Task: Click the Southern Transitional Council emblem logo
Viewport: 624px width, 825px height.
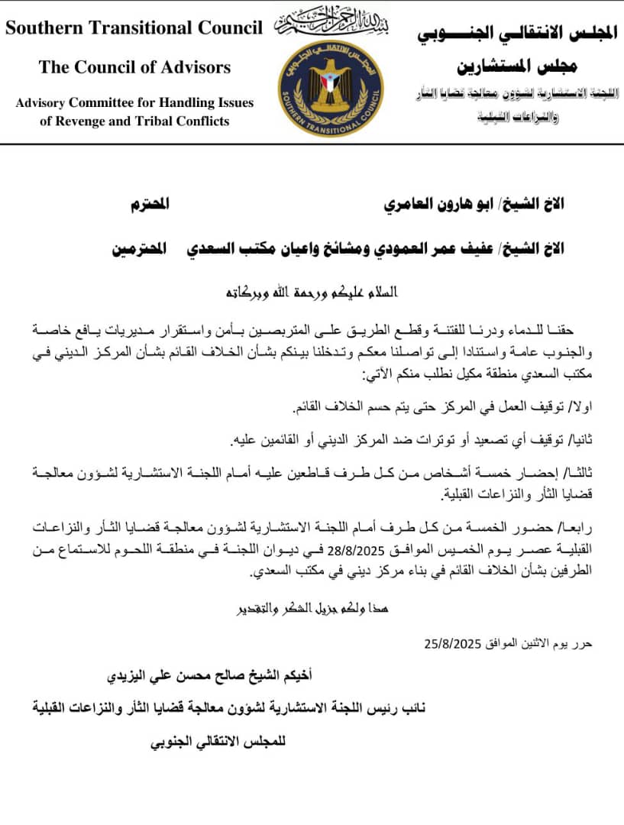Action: (331, 89)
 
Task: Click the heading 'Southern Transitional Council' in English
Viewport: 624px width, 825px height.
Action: (134, 28)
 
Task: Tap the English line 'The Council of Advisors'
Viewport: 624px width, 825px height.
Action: (134, 67)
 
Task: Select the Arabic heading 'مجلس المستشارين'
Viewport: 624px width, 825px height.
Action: (517, 66)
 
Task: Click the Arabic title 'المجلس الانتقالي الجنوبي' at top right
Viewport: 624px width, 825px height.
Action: (519, 34)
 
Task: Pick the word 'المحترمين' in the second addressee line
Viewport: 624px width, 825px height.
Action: (143, 250)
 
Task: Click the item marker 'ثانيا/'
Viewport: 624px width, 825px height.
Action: (575, 441)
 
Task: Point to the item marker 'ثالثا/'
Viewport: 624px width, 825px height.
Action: (575, 474)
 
